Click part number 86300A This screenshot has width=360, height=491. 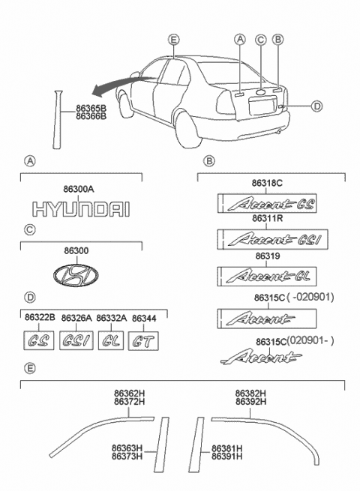pos(80,191)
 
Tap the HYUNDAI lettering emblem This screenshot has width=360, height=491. pos(80,209)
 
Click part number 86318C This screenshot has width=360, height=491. pos(266,182)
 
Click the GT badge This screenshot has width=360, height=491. pos(144,343)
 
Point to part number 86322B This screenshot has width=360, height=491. pos(40,319)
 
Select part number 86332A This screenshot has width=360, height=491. pos(111,319)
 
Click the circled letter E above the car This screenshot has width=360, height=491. pos(174,40)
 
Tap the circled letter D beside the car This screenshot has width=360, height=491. pos(316,106)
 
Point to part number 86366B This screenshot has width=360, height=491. pos(91,117)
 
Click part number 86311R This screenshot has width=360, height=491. pos(266,219)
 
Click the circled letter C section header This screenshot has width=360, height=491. pos(29,229)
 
